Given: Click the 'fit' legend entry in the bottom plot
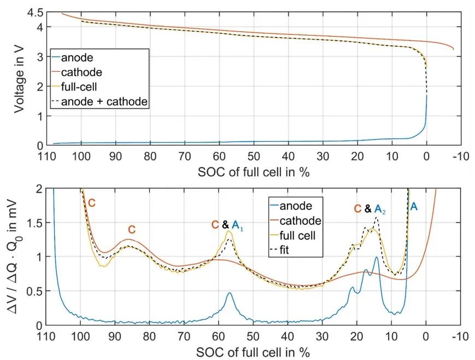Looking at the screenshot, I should (x=290, y=249).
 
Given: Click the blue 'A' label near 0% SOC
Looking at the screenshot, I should (x=414, y=206).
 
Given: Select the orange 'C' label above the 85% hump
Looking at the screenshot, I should (x=132, y=229).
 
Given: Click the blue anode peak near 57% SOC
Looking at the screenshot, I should (x=230, y=293).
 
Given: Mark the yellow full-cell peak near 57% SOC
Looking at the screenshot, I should (x=229, y=231).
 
